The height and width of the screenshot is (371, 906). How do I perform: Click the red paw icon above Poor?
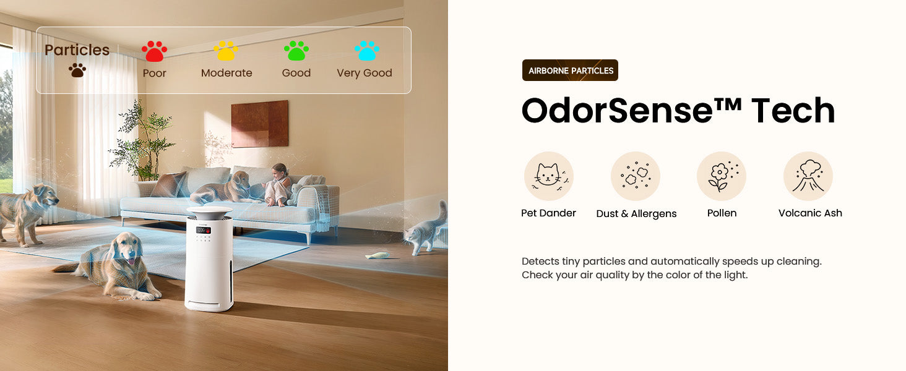[x=154, y=51]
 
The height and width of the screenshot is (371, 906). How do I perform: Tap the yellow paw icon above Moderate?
[x=226, y=51]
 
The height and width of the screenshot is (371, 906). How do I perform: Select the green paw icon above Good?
[x=296, y=51]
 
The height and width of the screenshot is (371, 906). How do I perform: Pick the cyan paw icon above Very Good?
[x=367, y=51]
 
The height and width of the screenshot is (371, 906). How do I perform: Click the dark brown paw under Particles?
[x=77, y=70]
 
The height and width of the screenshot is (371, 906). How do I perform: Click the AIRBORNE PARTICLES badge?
[x=570, y=70]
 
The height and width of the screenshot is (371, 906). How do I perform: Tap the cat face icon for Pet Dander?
[x=548, y=176]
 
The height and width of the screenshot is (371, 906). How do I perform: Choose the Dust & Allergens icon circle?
[x=636, y=176]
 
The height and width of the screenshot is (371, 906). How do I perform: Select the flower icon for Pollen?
[x=722, y=176]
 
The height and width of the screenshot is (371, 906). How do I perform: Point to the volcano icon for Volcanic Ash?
[x=808, y=176]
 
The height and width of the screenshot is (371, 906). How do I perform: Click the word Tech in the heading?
[x=793, y=110]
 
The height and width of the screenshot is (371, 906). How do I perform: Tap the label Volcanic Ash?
[x=810, y=213]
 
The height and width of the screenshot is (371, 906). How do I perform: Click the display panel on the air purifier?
[x=204, y=230]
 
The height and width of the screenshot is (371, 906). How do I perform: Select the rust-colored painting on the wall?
[x=260, y=124]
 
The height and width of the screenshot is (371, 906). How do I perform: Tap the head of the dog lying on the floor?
[x=127, y=247]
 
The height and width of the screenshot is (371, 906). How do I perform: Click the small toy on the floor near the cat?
[x=377, y=255]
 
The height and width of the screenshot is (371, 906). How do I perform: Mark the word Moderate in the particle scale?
[x=226, y=73]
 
